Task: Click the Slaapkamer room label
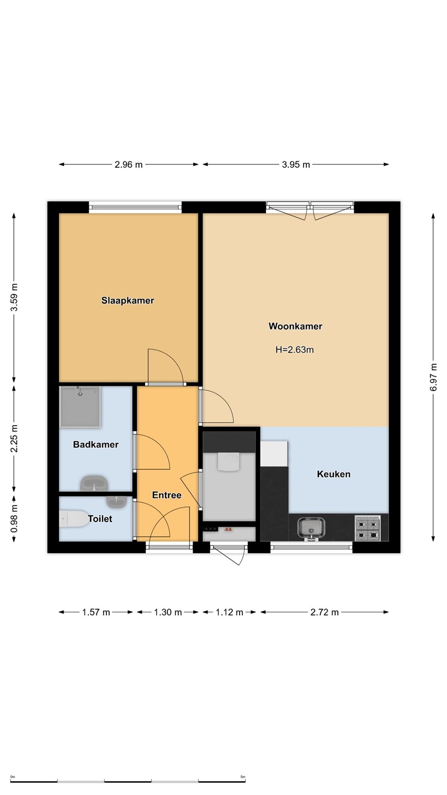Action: pos(127,300)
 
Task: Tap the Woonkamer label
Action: pos(295,326)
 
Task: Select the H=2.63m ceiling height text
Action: pos(295,350)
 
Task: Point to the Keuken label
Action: pos(333,474)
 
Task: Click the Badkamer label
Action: pos(96,444)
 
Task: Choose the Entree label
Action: pos(167,495)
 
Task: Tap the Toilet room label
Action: pos(100,519)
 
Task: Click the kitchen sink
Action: pos(311,529)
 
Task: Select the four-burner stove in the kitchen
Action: pos(368,528)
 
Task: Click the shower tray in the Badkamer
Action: pos(80,407)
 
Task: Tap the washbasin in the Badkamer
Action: pos(94,483)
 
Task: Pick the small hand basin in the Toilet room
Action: pos(116,502)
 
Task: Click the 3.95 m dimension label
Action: pos(296,165)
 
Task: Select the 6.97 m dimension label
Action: pos(433,377)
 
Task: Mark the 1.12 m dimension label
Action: pos(230,612)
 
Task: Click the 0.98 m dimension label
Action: pos(14,518)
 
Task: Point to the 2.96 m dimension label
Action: pos(129,165)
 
